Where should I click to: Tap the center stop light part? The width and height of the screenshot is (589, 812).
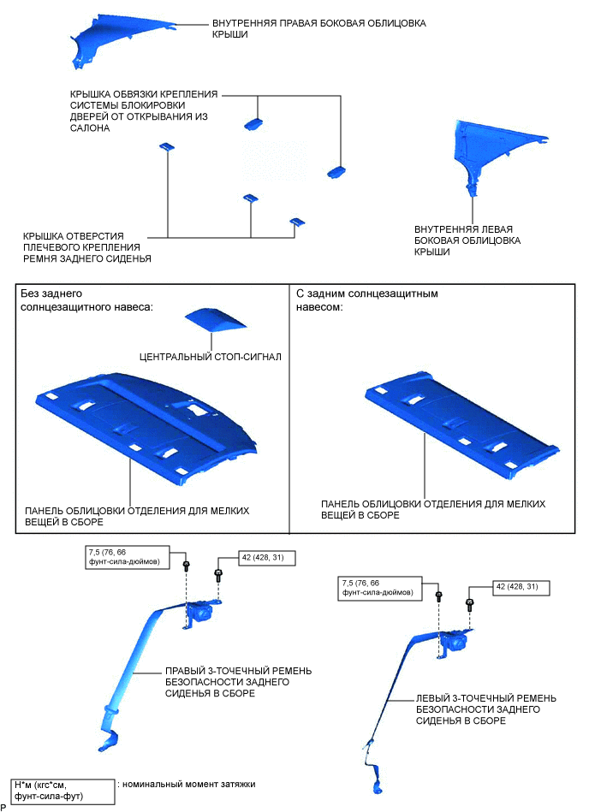[x=215, y=321]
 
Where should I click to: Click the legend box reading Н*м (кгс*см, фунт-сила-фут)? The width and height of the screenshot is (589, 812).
[x=62, y=790]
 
